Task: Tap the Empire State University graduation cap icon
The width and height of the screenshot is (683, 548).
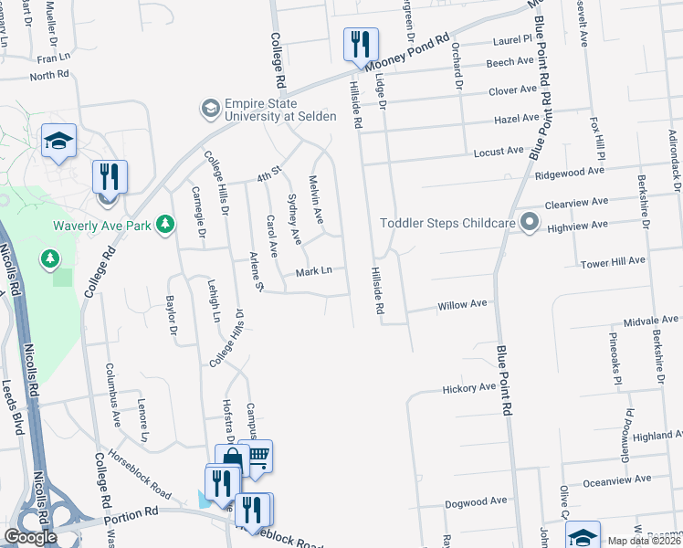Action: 211,109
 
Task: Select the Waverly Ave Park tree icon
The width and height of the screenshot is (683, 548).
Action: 164,224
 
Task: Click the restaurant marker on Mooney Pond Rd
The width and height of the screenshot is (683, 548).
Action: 361,45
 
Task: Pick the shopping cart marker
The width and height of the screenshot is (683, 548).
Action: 258,456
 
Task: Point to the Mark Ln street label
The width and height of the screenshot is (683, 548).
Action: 312,271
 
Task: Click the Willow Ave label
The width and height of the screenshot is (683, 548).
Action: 462,304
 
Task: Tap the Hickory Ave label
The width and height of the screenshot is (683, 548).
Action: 468,388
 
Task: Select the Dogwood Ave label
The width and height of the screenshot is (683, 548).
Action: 475,501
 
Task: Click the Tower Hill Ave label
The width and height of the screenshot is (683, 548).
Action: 613,260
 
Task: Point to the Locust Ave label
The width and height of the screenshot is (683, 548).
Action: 499,151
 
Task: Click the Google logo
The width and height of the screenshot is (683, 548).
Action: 31,537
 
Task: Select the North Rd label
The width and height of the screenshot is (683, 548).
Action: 48,76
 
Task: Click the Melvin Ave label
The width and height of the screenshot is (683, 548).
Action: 316,199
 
